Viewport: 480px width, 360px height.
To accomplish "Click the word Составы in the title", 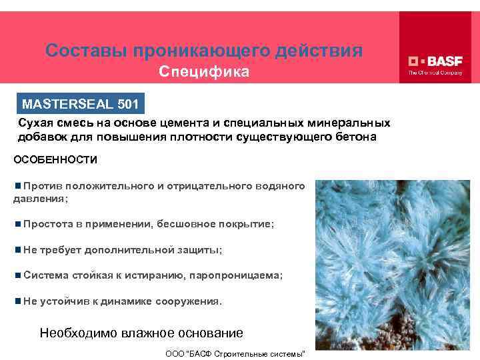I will coord(86,51).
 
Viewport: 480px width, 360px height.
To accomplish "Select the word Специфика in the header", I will coord(203,71).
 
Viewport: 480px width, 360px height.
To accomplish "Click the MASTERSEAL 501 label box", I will coord(81,104).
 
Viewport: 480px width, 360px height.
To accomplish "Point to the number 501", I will coord(128,104).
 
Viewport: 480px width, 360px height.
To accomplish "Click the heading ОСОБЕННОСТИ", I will coord(56,160).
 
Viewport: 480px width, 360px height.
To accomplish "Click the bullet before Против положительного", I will coord(17,185).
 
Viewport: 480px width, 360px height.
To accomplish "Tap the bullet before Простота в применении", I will coord(17,225).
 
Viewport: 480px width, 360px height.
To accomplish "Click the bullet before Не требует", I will coord(17,250).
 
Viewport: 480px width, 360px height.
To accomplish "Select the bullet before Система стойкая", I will coord(17,275).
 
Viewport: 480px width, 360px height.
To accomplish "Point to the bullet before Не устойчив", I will coord(17,301).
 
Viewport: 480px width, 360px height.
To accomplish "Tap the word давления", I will coord(37,199).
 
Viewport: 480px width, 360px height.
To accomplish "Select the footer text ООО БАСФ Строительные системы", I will coord(235,352).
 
